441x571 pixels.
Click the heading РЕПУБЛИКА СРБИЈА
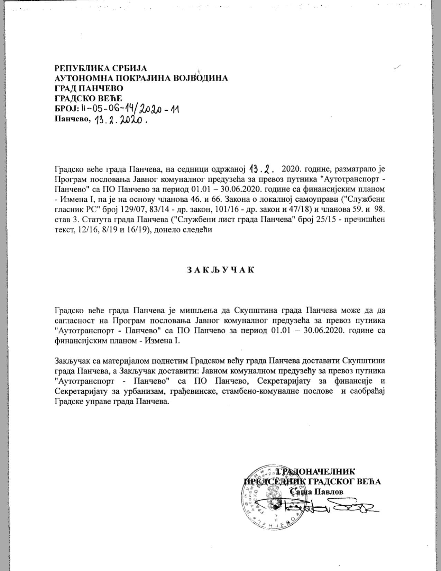101,68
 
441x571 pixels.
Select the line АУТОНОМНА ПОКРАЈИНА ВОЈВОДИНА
141,78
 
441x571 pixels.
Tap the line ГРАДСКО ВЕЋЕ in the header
88,99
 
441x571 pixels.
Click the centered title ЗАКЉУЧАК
220,270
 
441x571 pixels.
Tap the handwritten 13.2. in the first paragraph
263,169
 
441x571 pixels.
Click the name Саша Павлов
318,491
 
